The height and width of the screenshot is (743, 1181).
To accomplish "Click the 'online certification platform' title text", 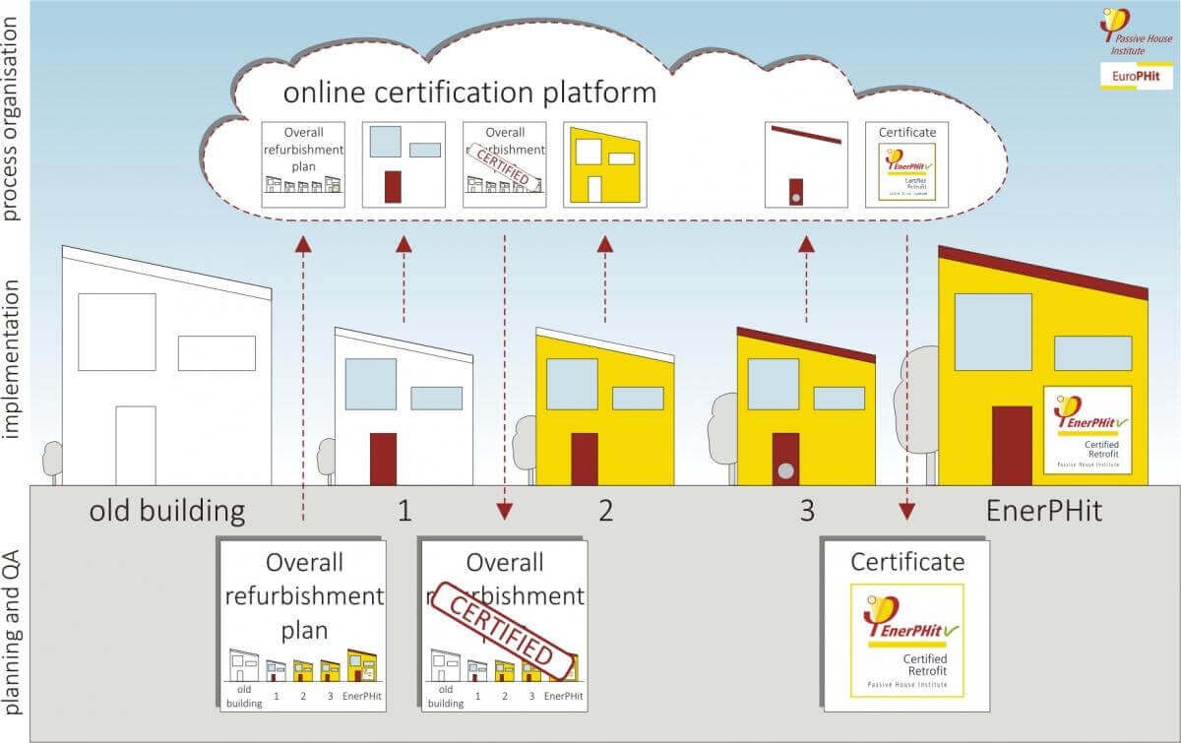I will pyautogui.click(x=469, y=93).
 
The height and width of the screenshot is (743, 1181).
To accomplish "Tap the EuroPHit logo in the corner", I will pyautogui.click(x=1136, y=76).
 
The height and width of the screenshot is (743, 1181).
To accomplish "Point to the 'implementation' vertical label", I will pyautogui.click(x=14, y=372).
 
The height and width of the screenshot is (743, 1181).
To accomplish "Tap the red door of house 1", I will pyautogui.click(x=383, y=459).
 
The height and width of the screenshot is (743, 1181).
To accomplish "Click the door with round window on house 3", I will pyautogui.click(x=785, y=459).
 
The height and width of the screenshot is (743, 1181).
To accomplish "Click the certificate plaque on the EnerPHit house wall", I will pyautogui.click(x=1087, y=429).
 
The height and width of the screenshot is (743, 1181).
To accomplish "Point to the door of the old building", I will pyautogui.click(x=136, y=445).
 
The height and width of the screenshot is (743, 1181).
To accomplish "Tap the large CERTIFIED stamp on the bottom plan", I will pyautogui.click(x=504, y=630).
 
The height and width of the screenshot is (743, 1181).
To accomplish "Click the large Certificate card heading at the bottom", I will pyautogui.click(x=907, y=562).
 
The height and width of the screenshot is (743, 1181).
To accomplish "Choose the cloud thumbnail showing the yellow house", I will pyautogui.click(x=604, y=164).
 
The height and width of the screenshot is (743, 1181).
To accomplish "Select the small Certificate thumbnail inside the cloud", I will pyautogui.click(x=906, y=164).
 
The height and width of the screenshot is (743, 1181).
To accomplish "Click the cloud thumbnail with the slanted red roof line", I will pyautogui.click(x=806, y=164).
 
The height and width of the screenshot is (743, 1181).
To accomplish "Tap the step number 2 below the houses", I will pyautogui.click(x=605, y=511).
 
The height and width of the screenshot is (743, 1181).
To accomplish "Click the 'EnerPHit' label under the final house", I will pyautogui.click(x=1043, y=511).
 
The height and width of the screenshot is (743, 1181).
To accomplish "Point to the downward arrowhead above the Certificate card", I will pyautogui.click(x=906, y=512).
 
